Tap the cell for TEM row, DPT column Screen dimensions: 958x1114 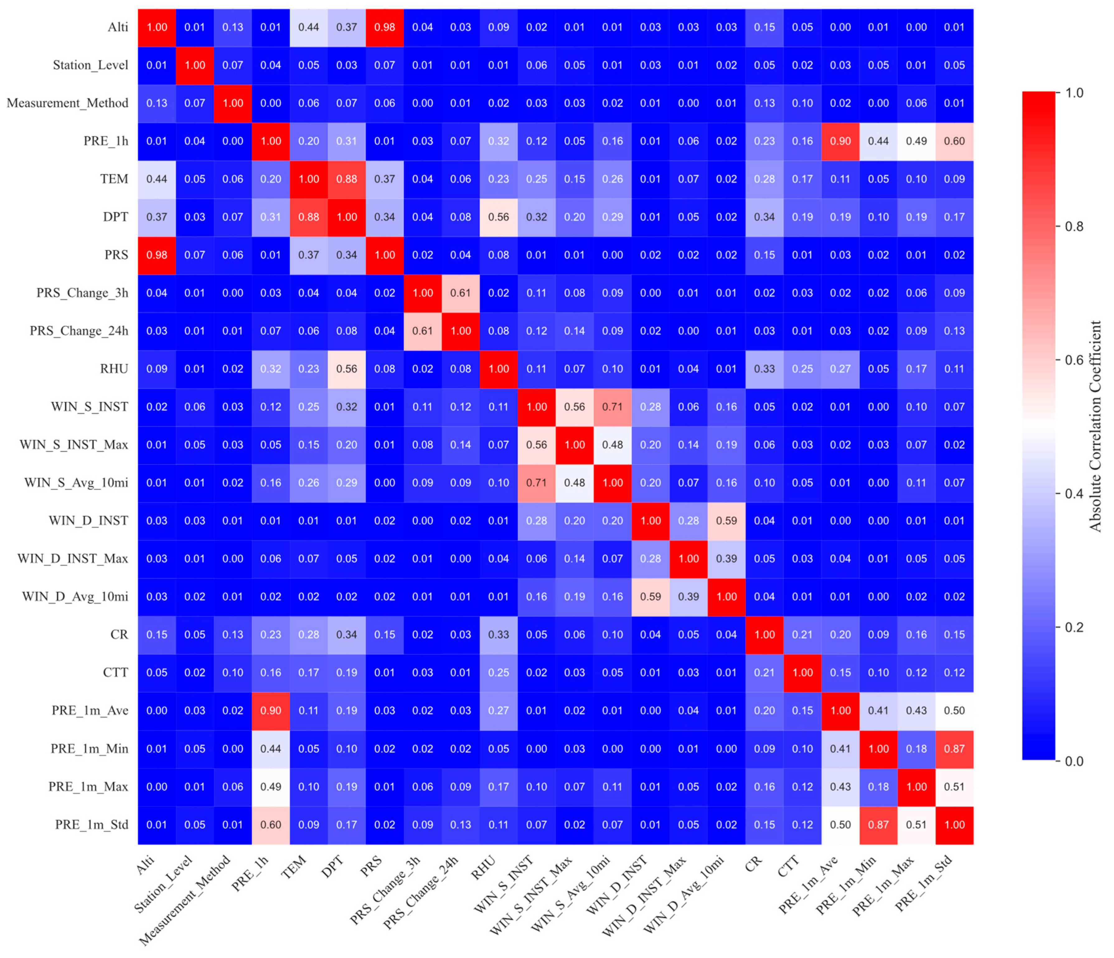pyautogui.click(x=347, y=179)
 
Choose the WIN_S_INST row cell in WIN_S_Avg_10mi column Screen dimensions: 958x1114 pyautogui.click(x=612, y=407)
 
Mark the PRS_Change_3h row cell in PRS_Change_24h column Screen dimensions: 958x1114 pyautogui.click(x=461, y=293)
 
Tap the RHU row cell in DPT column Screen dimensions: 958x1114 pyautogui.click(x=347, y=369)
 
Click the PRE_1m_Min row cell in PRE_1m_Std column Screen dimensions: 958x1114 pyautogui.click(x=954, y=749)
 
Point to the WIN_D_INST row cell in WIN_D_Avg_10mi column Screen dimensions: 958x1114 pyautogui.click(x=726, y=521)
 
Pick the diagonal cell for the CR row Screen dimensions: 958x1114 pyautogui.click(x=764, y=634)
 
